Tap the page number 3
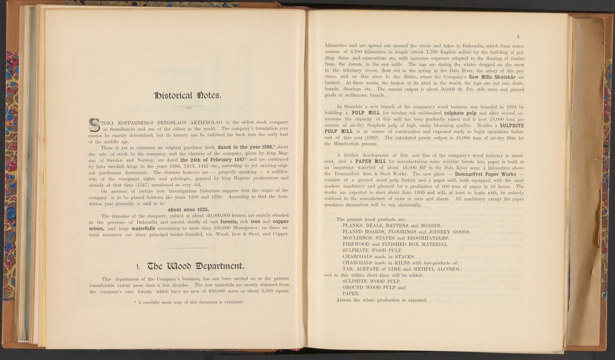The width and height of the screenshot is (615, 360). click(518, 36)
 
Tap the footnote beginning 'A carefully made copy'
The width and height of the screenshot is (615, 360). click(188, 302)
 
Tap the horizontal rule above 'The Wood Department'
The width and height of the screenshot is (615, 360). click(188, 248)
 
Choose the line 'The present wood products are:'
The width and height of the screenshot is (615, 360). click(371, 219)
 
